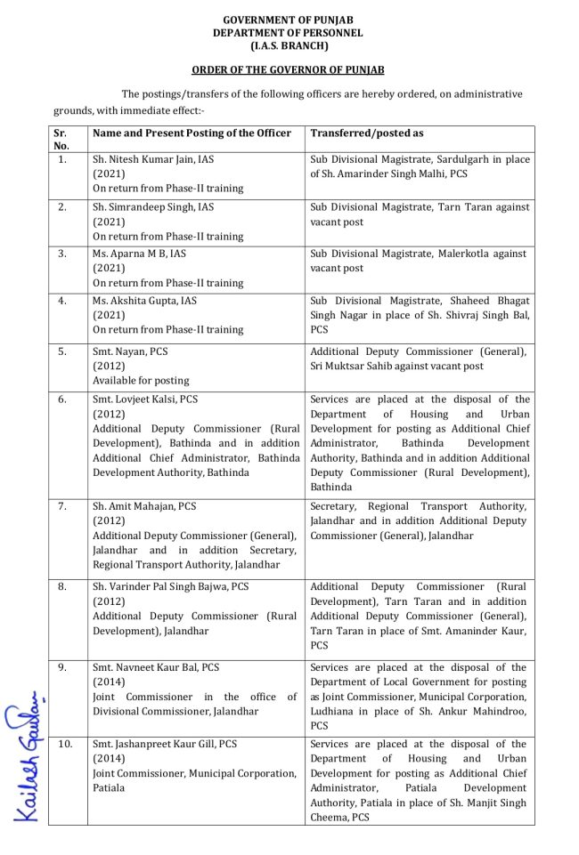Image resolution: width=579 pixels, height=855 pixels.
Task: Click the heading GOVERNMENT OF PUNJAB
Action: (x=288, y=20)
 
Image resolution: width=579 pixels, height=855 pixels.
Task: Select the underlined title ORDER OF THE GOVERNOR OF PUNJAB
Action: (x=288, y=69)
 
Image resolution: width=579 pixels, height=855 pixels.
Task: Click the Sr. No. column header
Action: (x=61, y=139)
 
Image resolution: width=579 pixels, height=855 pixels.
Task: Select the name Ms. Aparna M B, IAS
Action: (x=139, y=254)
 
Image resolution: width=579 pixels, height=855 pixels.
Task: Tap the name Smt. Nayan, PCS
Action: (x=130, y=351)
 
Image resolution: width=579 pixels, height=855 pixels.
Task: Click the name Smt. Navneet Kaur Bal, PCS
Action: (x=156, y=667)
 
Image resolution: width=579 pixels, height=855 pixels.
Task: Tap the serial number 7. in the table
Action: (x=62, y=506)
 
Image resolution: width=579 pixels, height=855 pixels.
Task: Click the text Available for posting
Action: (x=141, y=381)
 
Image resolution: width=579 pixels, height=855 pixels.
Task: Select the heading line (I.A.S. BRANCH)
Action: (x=288, y=45)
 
